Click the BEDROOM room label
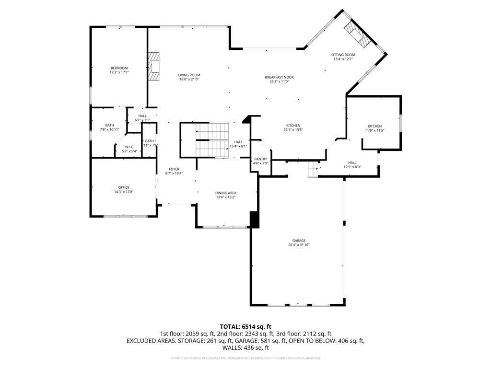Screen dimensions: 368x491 tap(119, 68)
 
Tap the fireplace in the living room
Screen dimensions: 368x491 tap(153, 67)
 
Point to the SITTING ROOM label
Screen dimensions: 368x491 tap(343, 55)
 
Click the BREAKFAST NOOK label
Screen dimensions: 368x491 tap(279, 77)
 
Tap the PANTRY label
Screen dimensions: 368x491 tap(260, 159)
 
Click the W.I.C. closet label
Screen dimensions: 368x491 tap(129, 147)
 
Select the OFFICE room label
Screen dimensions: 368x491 tap(124, 187)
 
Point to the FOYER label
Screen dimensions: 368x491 tap(174, 169)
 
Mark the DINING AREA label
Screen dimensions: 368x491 tap(225, 193)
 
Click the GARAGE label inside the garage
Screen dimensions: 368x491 tap(299, 241)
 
